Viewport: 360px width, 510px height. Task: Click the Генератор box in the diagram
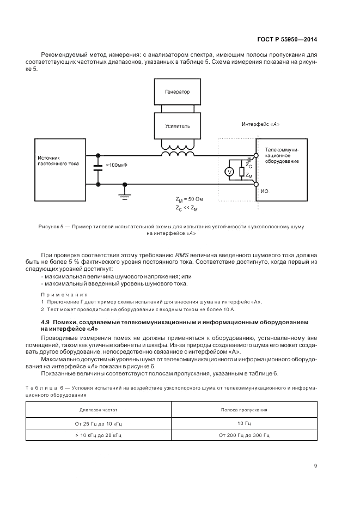177,93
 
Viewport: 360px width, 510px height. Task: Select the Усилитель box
177,126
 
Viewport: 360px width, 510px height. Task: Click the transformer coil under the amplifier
177,151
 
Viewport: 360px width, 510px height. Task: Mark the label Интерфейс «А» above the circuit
260,124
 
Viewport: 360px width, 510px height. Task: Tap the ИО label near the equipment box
264,191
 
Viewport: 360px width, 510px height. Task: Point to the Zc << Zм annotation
186,209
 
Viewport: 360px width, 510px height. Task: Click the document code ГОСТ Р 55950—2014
286,40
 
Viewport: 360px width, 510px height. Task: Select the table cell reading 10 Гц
244,423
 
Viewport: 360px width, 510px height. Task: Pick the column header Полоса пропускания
244,409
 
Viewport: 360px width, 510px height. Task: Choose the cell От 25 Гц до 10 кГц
99,423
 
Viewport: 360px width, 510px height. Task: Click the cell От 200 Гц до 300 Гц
244,436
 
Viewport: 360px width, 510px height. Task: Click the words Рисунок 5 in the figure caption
51,226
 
